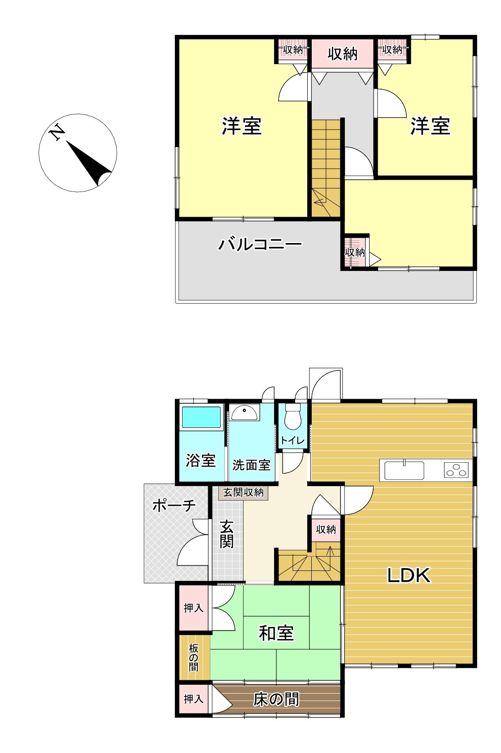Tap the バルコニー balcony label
point(260,244)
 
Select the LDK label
point(409,575)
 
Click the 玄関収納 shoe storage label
point(243,492)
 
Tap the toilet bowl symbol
point(292,416)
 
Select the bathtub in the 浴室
point(201,417)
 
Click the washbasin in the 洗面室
point(244,413)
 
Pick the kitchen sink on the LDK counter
point(404,470)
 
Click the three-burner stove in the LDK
point(456,470)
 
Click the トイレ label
point(292,440)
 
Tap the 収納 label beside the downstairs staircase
point(326,530)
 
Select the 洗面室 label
point(252,465)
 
